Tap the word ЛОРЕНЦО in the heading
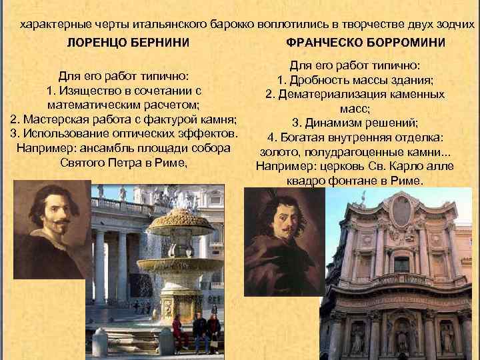[x=94, y=43]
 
